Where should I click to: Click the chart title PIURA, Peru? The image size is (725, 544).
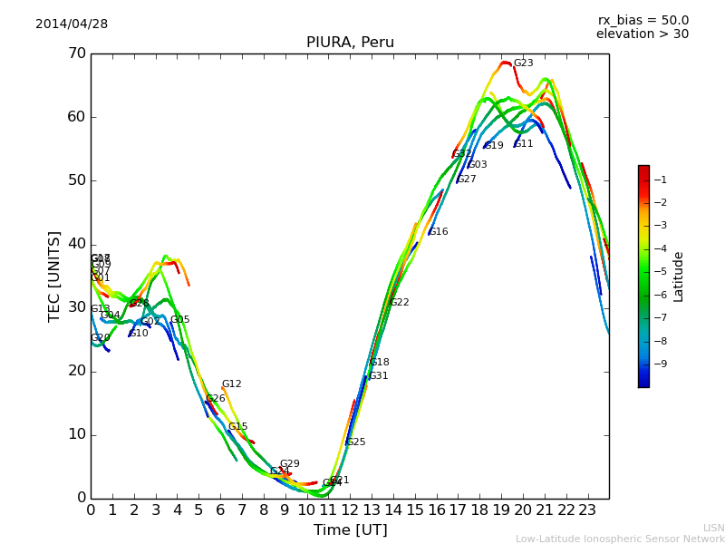click(x=350, y=43)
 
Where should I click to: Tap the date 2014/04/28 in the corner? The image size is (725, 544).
click(x=72, y=24)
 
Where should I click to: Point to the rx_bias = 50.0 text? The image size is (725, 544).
click(x=643, y=20)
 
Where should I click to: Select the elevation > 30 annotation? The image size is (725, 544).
click(x=643, y=34)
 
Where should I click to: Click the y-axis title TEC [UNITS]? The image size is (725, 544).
click(x=54, y=276)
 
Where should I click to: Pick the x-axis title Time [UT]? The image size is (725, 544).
click(x=350, y=529)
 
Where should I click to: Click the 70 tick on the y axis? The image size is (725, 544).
click(x=75, y=53)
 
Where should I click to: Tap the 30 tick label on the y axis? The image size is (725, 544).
click(x=75, y=307)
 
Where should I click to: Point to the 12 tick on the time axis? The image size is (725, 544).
click(x=350, y=510)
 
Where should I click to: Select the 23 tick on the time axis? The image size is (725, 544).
click(x=587, y=510)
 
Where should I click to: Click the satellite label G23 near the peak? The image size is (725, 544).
click(x=523, y=63)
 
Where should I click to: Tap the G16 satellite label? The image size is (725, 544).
click(x=439, y=232)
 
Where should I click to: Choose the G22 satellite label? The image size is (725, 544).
click(x=400, y=303)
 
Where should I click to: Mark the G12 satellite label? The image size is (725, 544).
click(x=231, y=384)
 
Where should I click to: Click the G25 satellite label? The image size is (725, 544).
click(x=355, y=442)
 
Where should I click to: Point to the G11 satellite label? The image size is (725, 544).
click(x=523, y=144)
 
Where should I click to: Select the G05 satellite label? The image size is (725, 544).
click(x=179, y=320)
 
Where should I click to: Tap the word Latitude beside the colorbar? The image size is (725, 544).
click(x=679, y=276)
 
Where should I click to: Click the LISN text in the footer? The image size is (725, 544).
click(x=713, y=528)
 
